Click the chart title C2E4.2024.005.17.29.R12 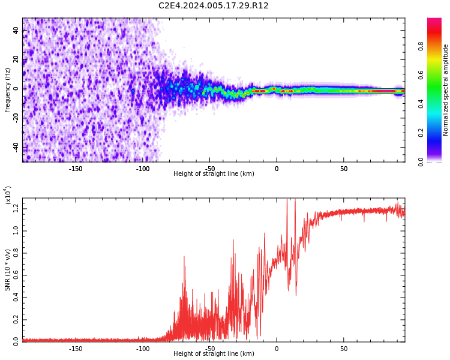pos(214,6)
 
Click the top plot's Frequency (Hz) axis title pos(8,90)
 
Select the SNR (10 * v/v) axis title pos(8,270)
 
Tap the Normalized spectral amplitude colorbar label pos(446,90)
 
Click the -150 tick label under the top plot pos(76,169)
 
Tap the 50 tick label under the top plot pos(344,169)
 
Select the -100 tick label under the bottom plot pos(143,349)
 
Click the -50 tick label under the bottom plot pos(209,349)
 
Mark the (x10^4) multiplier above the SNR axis pos(8,195)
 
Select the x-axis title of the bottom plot pos(214,354)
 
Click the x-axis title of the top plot pos(214,174)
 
